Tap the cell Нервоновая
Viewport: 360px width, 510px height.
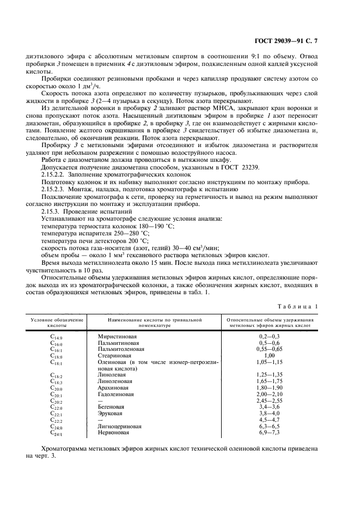[x=113, y=433]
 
